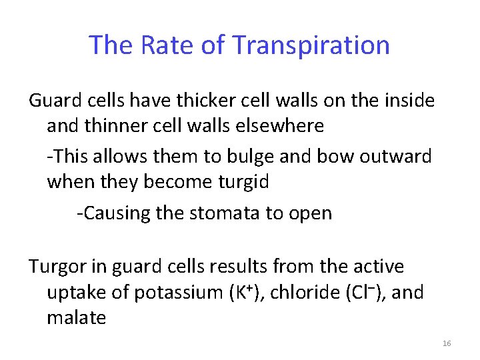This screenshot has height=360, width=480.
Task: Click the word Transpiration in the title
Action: [x=311, y=45]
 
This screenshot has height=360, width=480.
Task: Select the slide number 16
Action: [x=446, y=343]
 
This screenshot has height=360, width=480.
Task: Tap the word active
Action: [x=378, y=267]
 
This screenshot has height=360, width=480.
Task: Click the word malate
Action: [x=76, y=318]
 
